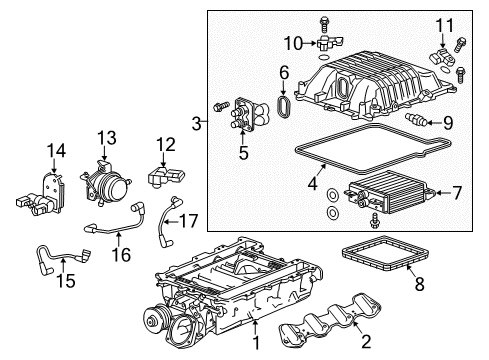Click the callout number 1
tap(255, 343)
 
